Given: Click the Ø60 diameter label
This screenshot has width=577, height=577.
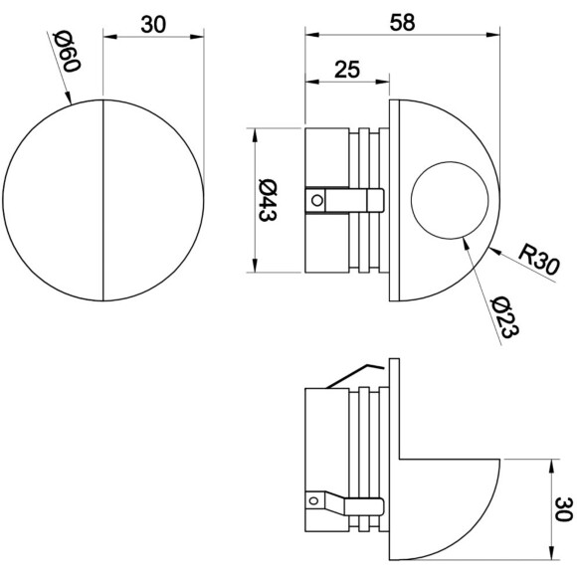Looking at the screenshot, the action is pyautogui.click(x=67, y=51).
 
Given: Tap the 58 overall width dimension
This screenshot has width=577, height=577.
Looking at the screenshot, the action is pyautogui.click(x=402, y=22).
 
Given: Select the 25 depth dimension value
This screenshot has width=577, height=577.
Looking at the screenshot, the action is pyautogui.click(x=347, y=70).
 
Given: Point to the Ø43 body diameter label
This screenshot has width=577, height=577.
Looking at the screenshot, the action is pyautogui.click(x=268, y=200).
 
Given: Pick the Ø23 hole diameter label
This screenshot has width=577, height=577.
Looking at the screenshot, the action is pyautogui.click(x=505, y=316).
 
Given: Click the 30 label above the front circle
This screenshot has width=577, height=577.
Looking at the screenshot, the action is pyautogui.click(x=153, y=25).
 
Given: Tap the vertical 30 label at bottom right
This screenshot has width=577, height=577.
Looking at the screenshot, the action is pyautogui.click(x=563, y=509).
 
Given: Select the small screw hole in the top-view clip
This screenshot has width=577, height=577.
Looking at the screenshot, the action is pyautogui.click(x=317, y=200).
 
